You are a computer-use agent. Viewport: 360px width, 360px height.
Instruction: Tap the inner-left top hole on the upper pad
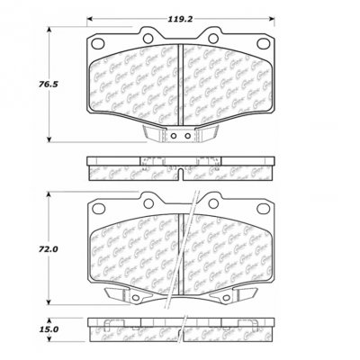150,37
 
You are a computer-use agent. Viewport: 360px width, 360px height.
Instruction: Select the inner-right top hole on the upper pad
215,37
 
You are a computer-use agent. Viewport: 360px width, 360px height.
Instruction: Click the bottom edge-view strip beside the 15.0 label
182,330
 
